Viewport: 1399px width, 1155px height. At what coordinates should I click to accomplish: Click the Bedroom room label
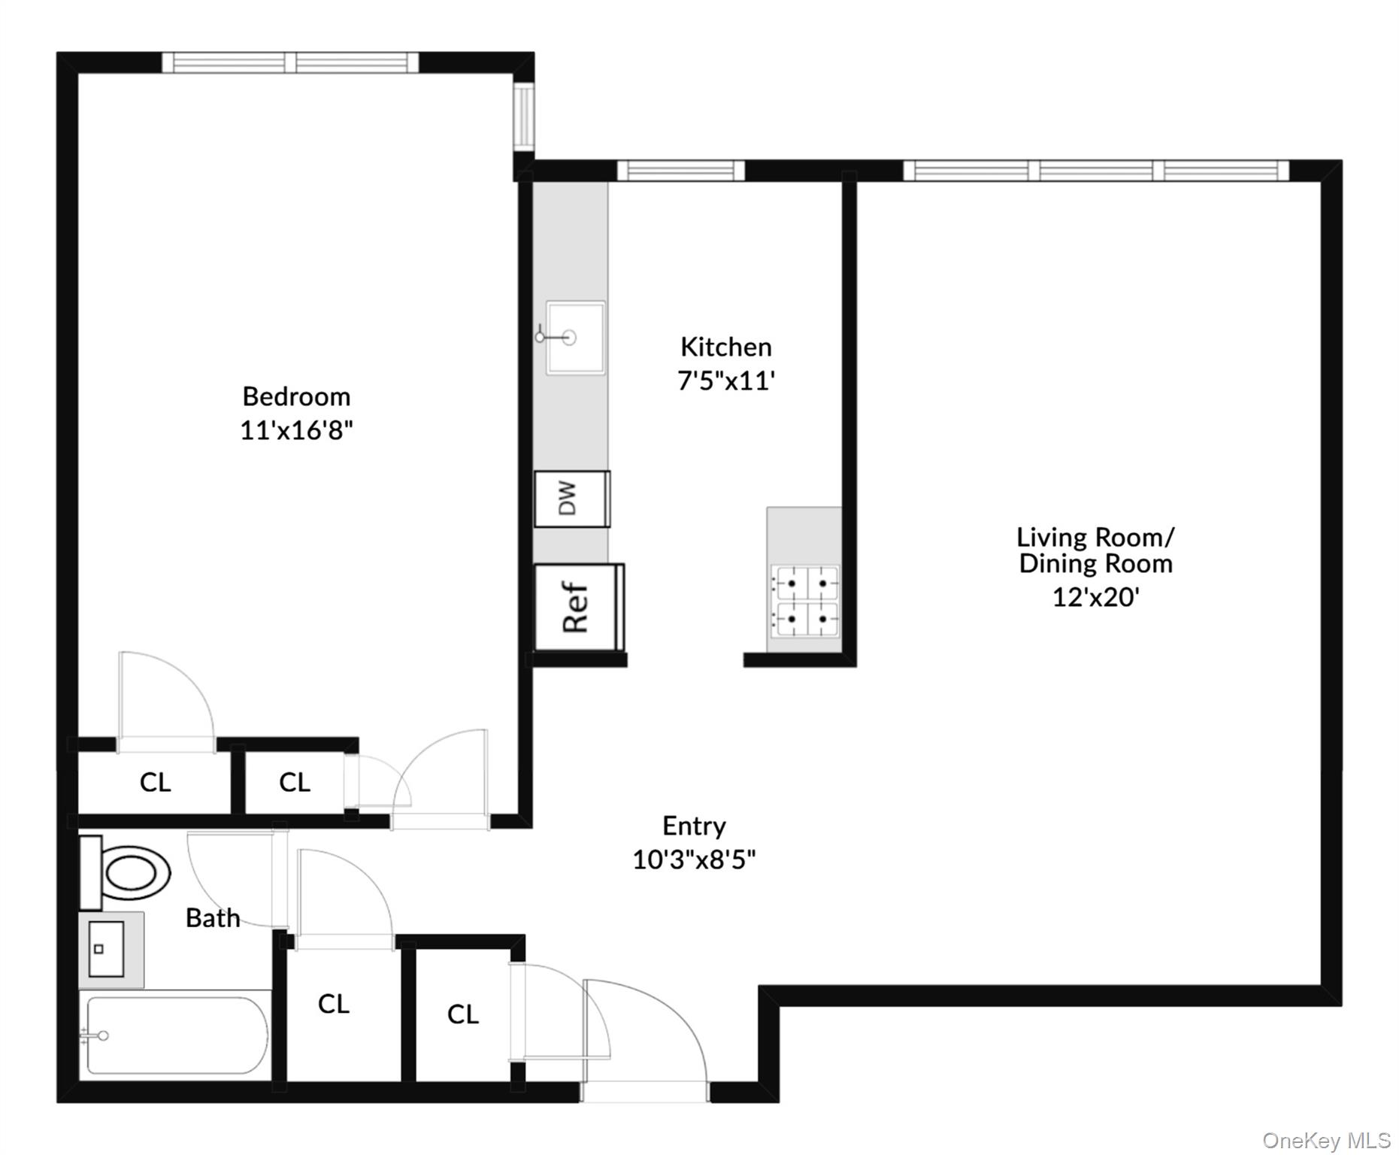pyautogui.click(x=296, y=396)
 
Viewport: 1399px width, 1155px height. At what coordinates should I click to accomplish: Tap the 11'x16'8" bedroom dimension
pyautogui.click(x=296, y=431)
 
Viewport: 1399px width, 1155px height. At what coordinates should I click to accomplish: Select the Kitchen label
pyautogui.click(x=725, y=347)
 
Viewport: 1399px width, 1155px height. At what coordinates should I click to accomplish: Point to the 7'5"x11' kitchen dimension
pyautogui.click(x=725, y=381)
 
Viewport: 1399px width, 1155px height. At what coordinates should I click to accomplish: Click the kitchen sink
pyautogui.click(x=575, y=338)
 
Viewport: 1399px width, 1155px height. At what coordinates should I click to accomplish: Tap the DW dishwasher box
pyautogui.click(x=571, y=499)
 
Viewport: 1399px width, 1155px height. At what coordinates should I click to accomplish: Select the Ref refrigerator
pyautogui.click(x=577, y=608)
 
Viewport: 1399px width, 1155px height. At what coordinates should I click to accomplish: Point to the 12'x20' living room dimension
pyautogui.click(x=1095, y=598)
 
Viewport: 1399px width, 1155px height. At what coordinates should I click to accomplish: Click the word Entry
pyautogui.click(x=694, y=826)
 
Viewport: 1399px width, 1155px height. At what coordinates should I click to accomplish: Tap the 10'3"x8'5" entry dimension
pyautogui.click(x=694, y=859)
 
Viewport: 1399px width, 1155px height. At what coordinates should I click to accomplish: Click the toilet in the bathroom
pyautogui.click(x=128, y=873)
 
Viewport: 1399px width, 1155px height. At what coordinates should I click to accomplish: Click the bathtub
pyautogui.click(x=177, y=1035)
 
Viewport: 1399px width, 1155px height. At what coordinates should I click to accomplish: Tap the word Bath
pyautogui.click(x=213, y=918)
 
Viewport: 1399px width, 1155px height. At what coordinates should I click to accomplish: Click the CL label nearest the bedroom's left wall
pyautogui.click(x=155, y=783)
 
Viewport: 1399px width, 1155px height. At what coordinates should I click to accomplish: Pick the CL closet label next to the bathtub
pyautogui.click(x=333, y=1004)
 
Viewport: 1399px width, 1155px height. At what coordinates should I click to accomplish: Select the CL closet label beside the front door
pyautogui.click(x=462, y=1014)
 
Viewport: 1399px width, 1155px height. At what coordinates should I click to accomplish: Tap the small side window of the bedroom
pyautogui.click(x=523, y=117)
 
